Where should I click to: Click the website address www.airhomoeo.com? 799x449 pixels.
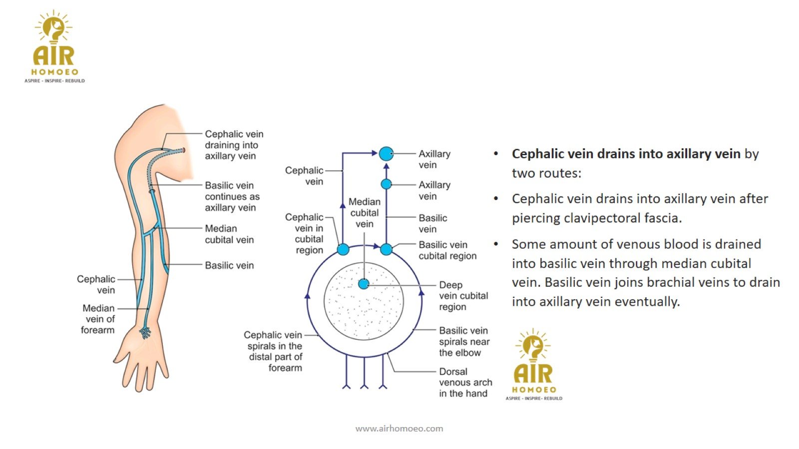coord(399,428)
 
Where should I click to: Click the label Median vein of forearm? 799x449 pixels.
coord(98,319)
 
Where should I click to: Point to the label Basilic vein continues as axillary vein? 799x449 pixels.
coord(232,197)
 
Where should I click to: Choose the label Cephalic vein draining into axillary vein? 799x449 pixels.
coord(234,145)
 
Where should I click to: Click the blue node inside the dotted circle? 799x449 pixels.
coord(364,284)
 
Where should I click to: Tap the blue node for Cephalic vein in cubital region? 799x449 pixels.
coord(343,249)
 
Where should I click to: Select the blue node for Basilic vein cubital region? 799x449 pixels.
coord(386,249)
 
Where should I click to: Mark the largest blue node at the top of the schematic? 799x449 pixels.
coord(386,154)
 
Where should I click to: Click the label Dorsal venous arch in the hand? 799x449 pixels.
coord(465,383)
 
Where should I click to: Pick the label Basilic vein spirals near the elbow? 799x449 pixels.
coord(464,341)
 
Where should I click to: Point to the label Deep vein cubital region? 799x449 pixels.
coord(463,296)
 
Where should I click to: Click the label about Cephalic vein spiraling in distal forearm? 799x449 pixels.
coord(274,351)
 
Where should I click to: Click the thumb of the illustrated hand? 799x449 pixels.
coord(119,355)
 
